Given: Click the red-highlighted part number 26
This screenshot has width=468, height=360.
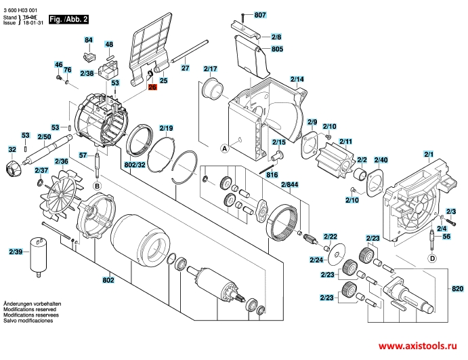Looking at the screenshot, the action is click(x=152, y=87).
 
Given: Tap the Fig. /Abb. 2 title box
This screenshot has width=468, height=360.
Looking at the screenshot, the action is click(x=68, y=20).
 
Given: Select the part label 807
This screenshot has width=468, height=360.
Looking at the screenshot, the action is click(x=260, y=15).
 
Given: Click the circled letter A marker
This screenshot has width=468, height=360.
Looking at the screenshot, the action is click(x=225, y=148).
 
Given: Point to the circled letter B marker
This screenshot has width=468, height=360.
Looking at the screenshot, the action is click(x=97, y=186).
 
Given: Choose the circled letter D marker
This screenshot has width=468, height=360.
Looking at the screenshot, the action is click(x=433, y=258).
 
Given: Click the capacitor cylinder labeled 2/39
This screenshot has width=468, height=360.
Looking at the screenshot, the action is click(x=39, y=258).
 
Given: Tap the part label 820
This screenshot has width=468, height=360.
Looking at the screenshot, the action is click(x=458, y=289).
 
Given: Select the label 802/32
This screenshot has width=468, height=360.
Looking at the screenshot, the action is click(x=135, y=165).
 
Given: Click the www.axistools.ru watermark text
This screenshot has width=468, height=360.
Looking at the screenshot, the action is click(x=418, y=346).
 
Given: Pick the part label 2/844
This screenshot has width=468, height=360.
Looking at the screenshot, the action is click(x=289, y=184).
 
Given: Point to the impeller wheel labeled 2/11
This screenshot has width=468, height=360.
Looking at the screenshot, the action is click(x=337, y=163).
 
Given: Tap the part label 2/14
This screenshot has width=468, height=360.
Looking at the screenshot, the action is click(x=297, y=79).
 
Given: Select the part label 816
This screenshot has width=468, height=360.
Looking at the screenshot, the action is click(x=272, y=175).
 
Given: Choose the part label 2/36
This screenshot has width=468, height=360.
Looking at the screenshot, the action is click(x=62, y=161).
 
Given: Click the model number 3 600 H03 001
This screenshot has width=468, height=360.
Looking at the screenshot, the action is click(x=20, y=10).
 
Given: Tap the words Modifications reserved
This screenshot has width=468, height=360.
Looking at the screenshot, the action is click(x=30, y=310).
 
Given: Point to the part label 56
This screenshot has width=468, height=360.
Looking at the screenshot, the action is click(x=446, y=237).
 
